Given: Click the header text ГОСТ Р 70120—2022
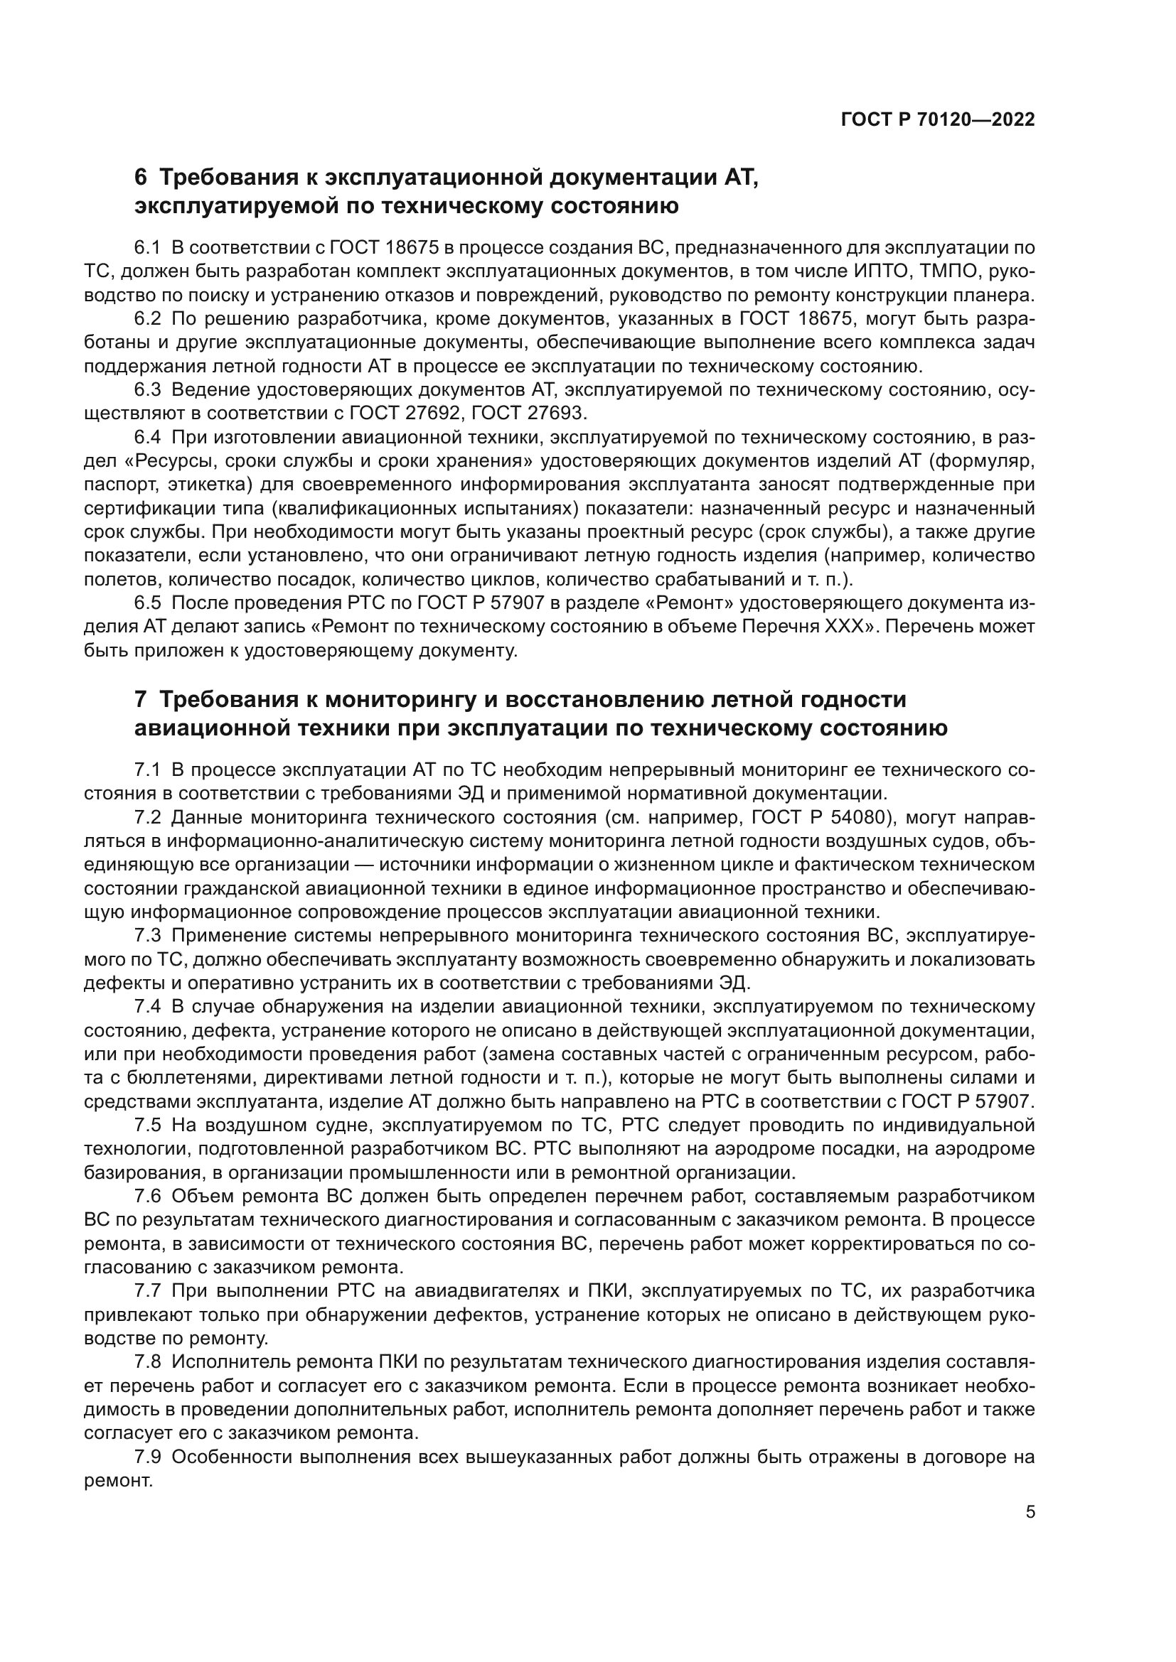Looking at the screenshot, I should click(938, 119).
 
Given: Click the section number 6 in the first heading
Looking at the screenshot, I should click(141, 178).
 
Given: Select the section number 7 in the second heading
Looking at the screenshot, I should click(141, 699).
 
